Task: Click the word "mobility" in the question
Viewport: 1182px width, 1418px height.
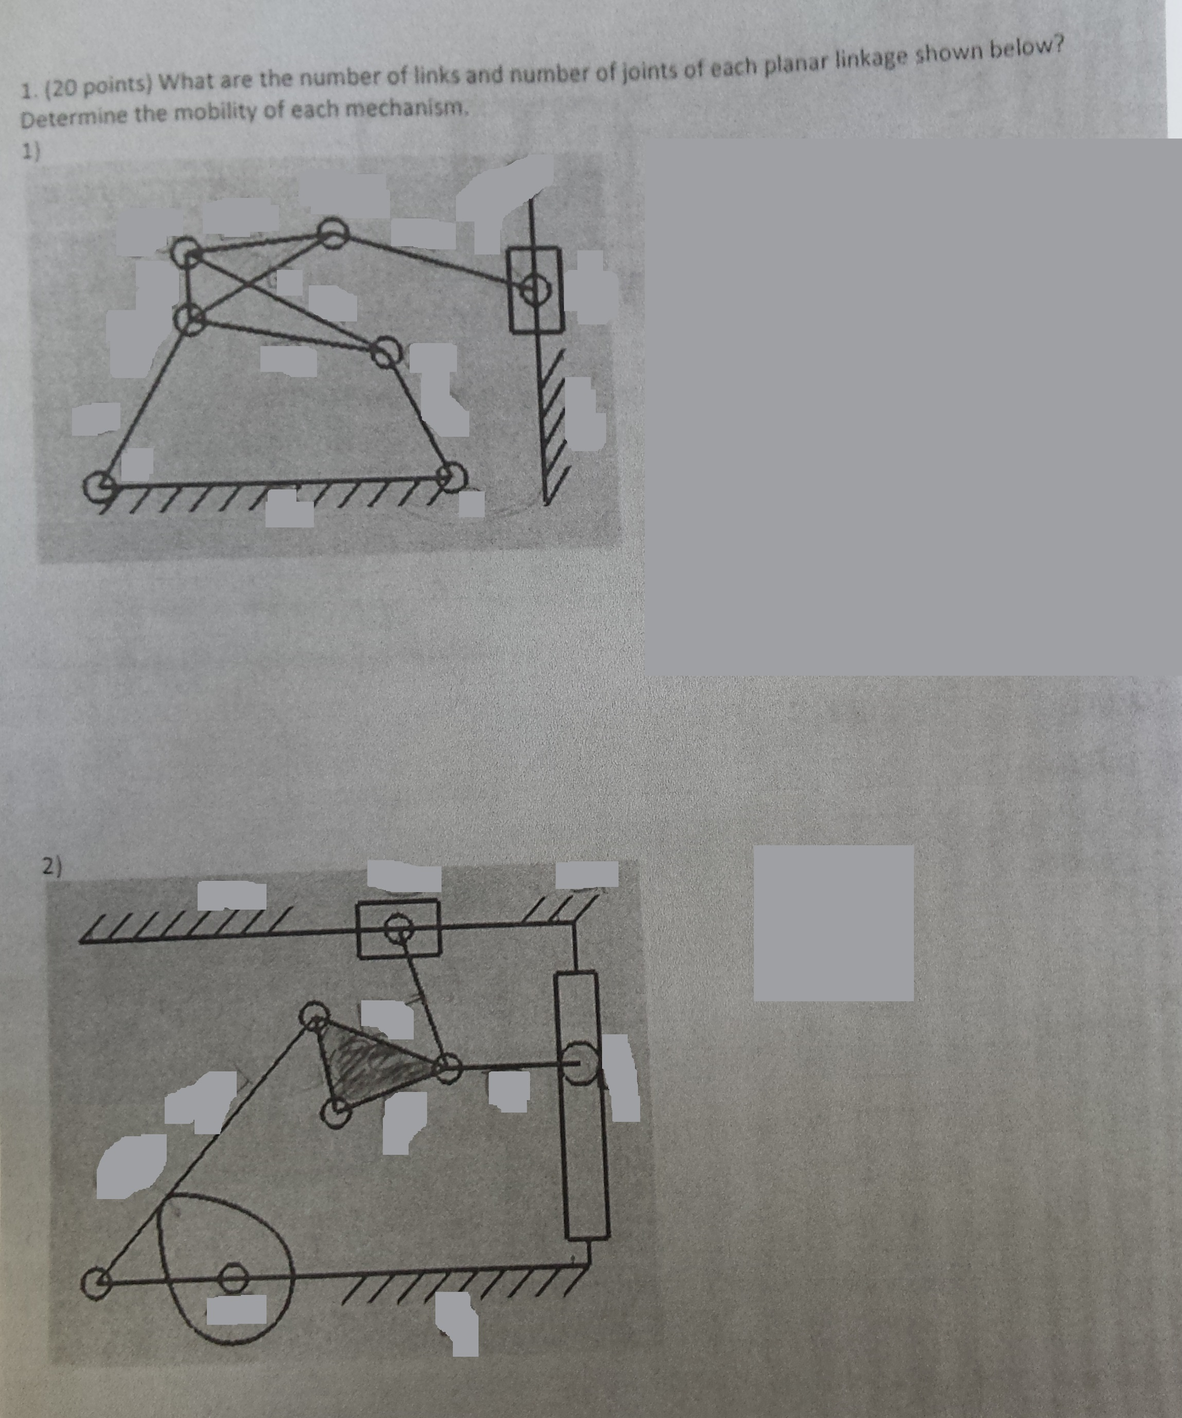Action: [219, 113]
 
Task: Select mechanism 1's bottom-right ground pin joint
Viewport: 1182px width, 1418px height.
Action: [450, 476]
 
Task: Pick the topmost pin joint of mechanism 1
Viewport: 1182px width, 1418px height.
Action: [332, 234]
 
